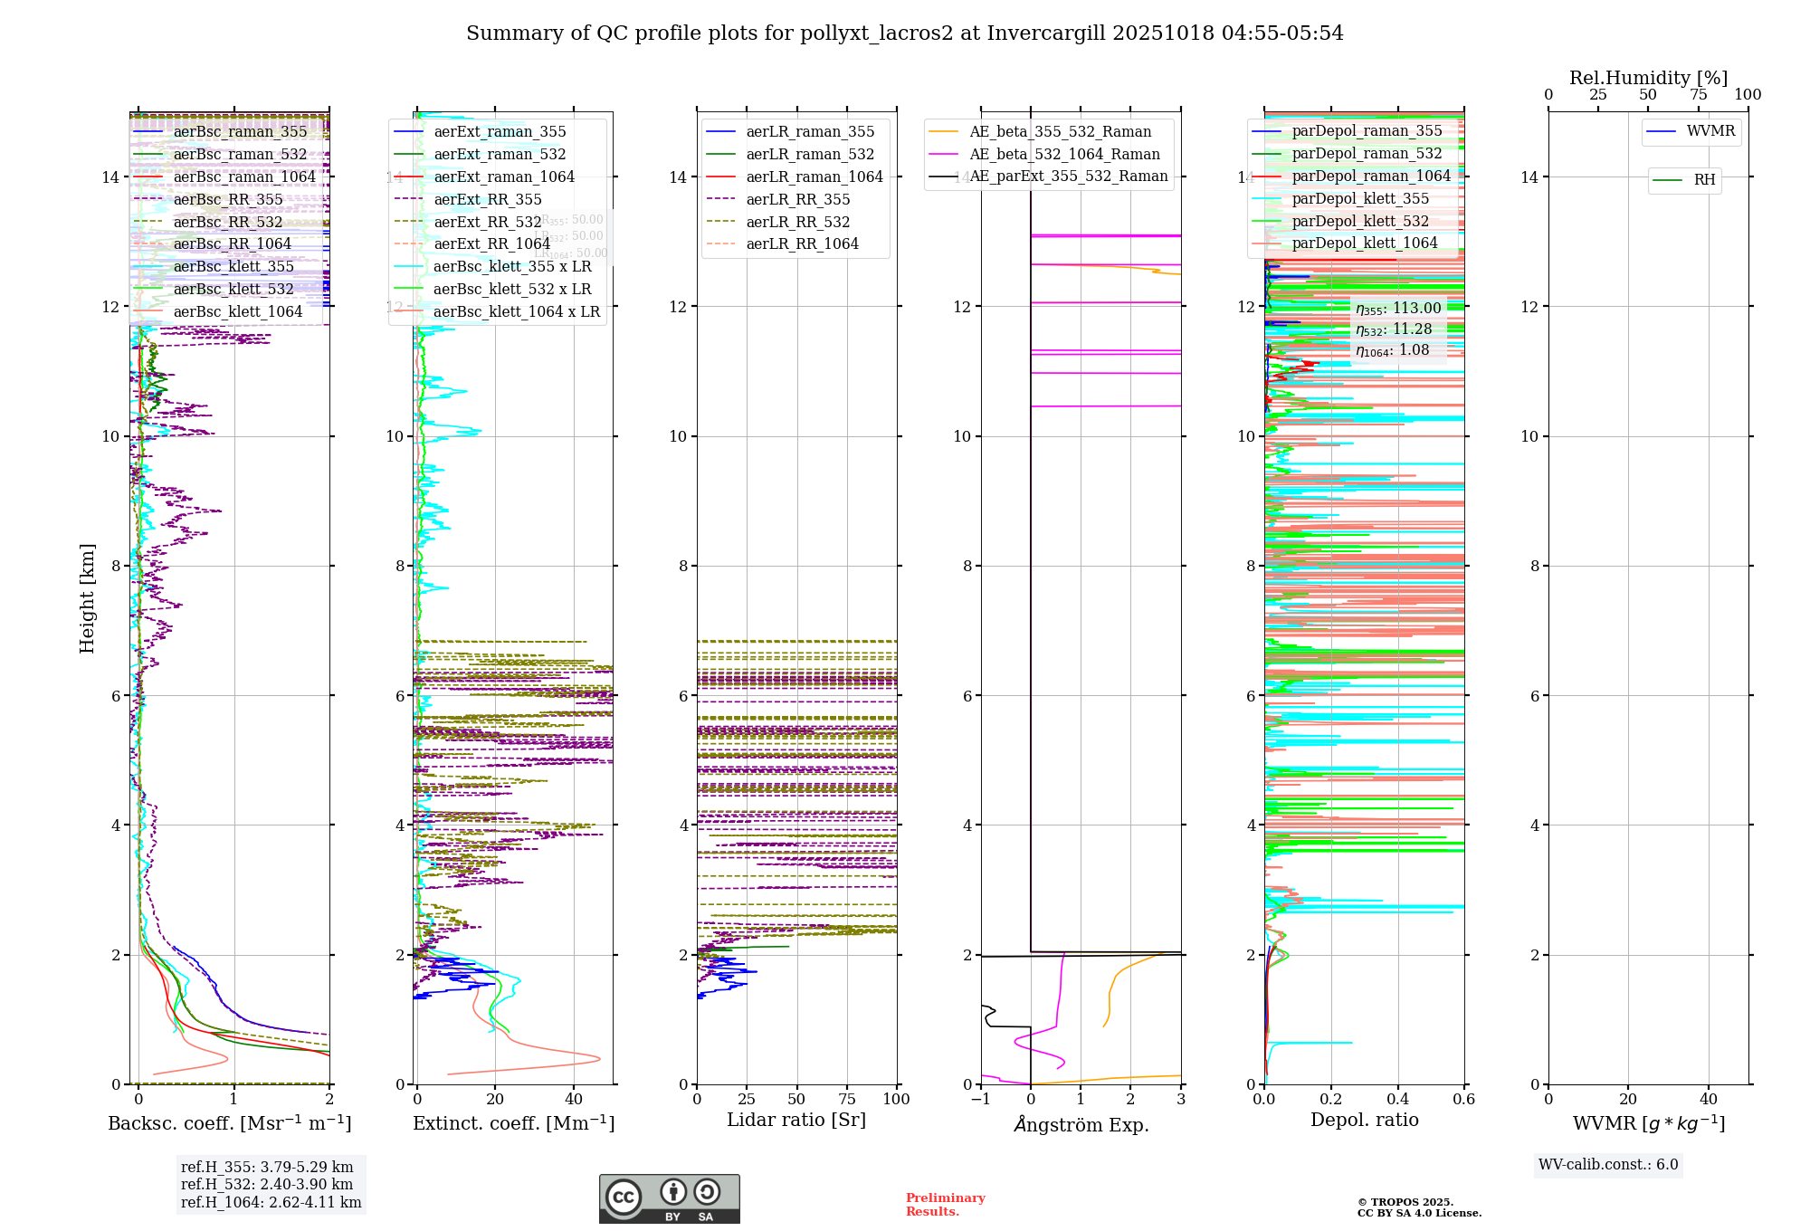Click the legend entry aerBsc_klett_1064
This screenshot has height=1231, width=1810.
click(237, 312)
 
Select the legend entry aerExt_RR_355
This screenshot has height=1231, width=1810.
click(488, 200)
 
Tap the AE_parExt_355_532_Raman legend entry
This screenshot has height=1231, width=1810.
click(1068, 177)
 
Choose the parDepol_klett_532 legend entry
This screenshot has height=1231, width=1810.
click(1360, 222)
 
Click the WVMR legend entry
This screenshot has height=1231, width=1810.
click(1710, 131)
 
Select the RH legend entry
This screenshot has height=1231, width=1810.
click(1704, 180)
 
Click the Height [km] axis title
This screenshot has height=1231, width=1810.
click(87, 598)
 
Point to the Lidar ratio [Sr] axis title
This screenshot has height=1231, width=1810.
click(795, 1121)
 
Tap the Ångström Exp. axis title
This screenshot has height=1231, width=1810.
click(1081, 1124)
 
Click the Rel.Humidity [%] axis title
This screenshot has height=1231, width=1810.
click(1648, 78)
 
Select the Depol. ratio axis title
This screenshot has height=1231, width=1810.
click(1364, 1121)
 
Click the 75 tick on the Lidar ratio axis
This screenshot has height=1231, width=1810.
click(847, 1100)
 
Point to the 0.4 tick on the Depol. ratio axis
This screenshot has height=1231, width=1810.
click(1397, 1100)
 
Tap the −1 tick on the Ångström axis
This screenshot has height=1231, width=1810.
click(980, 1100)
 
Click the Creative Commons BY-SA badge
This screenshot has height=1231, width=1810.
click(669, 1199)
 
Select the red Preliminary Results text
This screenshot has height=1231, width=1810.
click(945, 1205)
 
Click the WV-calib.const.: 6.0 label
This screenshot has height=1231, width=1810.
click(1608, 1165)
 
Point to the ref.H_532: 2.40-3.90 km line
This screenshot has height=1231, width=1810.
click(267, 1185)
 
